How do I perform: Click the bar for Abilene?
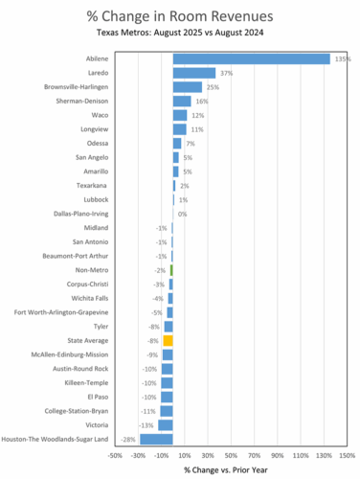click(x=251, y=58)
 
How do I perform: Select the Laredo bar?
click(x=194, y=73)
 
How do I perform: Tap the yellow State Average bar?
click(x=168, y=340)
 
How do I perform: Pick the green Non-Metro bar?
click(x=171, y=270)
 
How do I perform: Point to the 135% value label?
click(x=343, y=58)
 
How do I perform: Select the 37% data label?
click(x=227, y=73)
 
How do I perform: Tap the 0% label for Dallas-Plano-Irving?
click(x=182, y=214)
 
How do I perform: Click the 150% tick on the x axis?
click(x=347, y=455)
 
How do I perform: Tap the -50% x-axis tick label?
click(x=115, y=455)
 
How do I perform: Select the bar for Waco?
click(x=180, y=115)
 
